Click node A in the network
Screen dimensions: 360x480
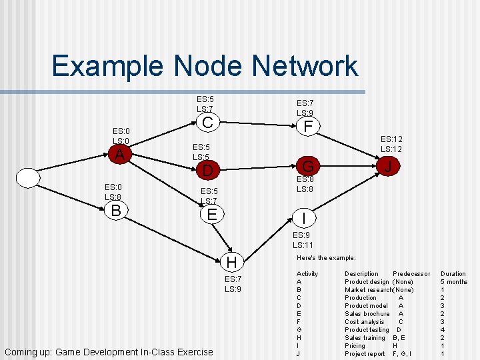[119, 155]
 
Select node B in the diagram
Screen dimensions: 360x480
[115, 211]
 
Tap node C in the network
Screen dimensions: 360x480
[207, 123]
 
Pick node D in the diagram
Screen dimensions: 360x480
[207, 171]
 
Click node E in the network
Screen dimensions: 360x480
[212, 214]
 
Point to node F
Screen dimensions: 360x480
[307, 126]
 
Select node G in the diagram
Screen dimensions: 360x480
[308, 165]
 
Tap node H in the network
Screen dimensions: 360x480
[231, 262]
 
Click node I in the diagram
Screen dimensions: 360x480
[304, 218]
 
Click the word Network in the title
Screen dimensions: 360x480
[300, 67]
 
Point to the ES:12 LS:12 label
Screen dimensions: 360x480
[391, 144]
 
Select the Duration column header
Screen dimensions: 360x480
[453, 273]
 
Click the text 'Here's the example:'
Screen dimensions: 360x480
[326, 257]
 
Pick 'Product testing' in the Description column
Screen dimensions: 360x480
[367, 329]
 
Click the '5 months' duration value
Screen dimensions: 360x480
[454, 281]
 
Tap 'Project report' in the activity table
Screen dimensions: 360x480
[365, 353]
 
